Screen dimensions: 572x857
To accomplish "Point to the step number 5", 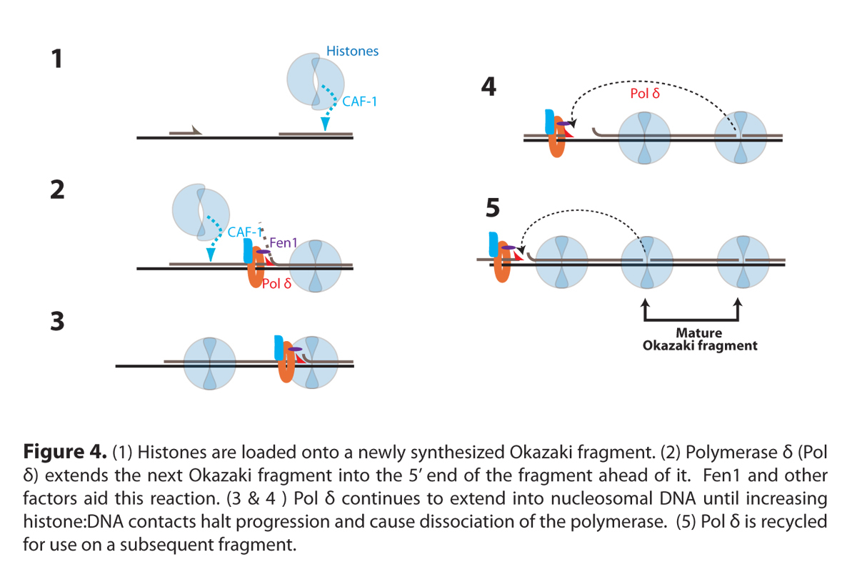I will (491, 207).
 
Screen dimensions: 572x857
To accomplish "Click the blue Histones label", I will (352, 51).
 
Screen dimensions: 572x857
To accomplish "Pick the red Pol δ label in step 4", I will (645, 93).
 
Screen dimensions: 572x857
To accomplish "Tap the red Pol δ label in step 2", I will (277, 284).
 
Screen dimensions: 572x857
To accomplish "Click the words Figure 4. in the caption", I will (64, 453).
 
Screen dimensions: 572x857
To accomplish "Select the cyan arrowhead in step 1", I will (325, 124).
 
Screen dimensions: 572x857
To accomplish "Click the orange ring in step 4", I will (556, 140).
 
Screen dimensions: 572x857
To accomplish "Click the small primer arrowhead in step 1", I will (197, 130).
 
